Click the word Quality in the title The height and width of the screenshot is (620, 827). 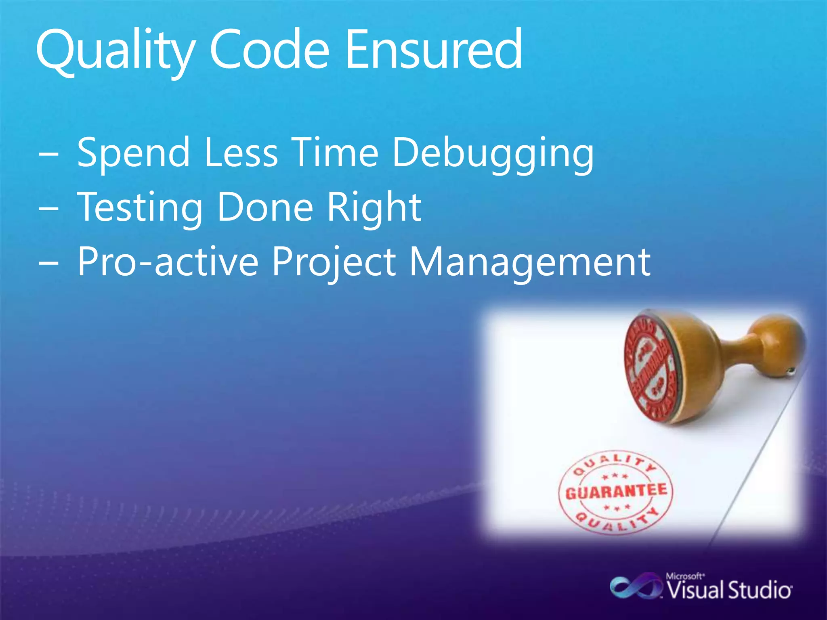click(115, 50)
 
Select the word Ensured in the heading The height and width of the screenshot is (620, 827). click(434, 50)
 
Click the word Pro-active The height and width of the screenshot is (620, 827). click(168, 262)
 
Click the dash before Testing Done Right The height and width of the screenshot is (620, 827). click(49, 209)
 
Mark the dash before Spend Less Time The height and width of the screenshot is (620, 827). click(49, 155)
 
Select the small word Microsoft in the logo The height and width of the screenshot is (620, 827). click(685, 576)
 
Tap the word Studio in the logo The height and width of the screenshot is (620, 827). click(759, 591)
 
